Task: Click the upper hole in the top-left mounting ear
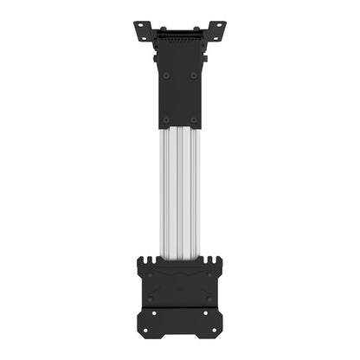coord(139,26)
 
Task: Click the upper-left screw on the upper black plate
coord(166,74)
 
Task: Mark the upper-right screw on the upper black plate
coord(194,74)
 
